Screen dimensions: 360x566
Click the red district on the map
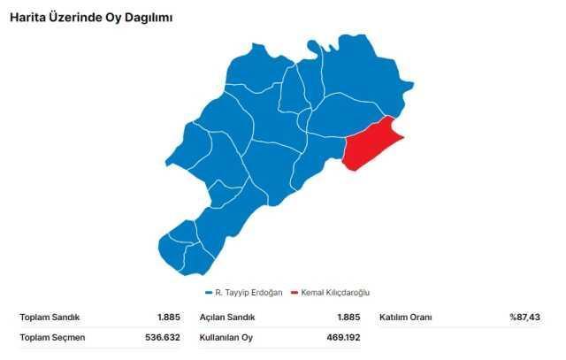pyautogui.click(x=369, y=144)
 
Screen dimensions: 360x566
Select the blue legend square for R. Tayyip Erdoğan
pyautogui.click(x=208, y=293)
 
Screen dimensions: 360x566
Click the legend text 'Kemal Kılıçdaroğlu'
pyautogui.click(x=335, y=293)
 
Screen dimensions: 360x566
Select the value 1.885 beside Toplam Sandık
pyautogui.click(x=168, y=317)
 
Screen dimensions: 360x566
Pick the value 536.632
pyautogui.click(x=163, y=337)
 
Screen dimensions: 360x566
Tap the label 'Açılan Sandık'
pyautogui.click(x=226, y=317)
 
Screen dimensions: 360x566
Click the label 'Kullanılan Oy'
pyautogui.click(x=226, y=337)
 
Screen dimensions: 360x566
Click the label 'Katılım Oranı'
pyautogui.click(x=408, y=317)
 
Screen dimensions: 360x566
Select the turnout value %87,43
pyautogui.click(x=524, y=317)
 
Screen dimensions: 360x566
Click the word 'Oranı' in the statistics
pyautogui.click(x=422, y=317)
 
